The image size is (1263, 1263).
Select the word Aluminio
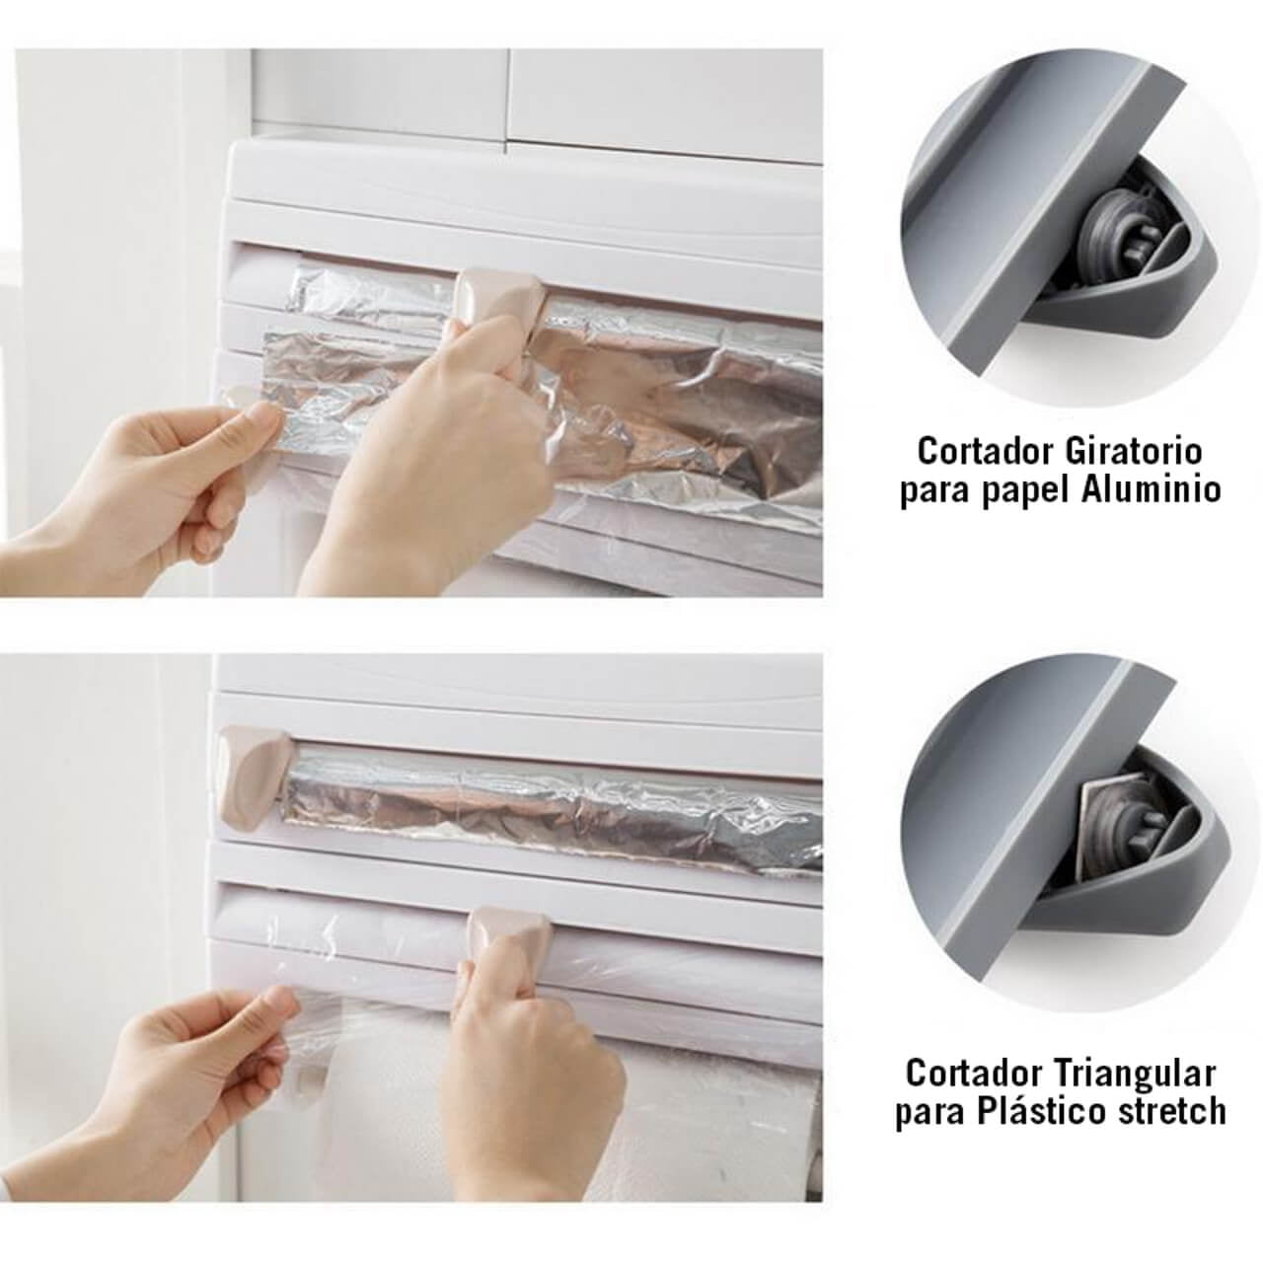click(x=1151, y=489)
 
